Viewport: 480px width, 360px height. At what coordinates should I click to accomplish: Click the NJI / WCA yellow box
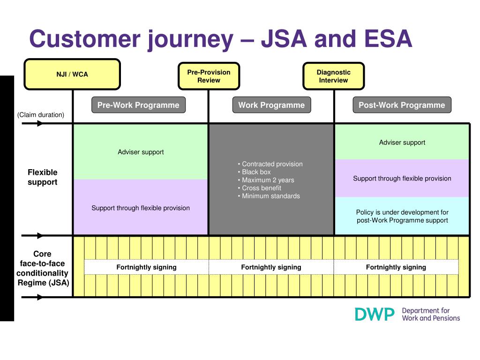[72, 75]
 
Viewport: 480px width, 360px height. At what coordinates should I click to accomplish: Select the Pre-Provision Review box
[209, 76]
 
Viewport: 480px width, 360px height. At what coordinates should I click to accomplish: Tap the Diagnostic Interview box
[334, 76]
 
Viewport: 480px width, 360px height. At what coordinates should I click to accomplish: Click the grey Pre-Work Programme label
[138, 105]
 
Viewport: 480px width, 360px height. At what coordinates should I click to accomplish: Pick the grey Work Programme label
[271, 105]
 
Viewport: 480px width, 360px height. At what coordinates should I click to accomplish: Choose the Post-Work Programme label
[402, 105]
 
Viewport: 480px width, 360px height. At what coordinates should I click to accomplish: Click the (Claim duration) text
[41, 115]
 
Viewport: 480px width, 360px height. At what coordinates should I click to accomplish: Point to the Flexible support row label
[43, 177]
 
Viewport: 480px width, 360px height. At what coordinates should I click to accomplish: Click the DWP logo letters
[375, 315]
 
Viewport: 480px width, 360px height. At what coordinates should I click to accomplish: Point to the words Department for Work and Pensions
[431, 315]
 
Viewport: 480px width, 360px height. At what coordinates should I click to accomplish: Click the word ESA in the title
[388, 39]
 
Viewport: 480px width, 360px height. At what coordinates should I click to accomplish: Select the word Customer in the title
[85, 39]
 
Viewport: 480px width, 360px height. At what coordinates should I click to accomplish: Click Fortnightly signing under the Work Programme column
[271, 267]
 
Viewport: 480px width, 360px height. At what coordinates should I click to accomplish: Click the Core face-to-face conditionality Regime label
[43, 268]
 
